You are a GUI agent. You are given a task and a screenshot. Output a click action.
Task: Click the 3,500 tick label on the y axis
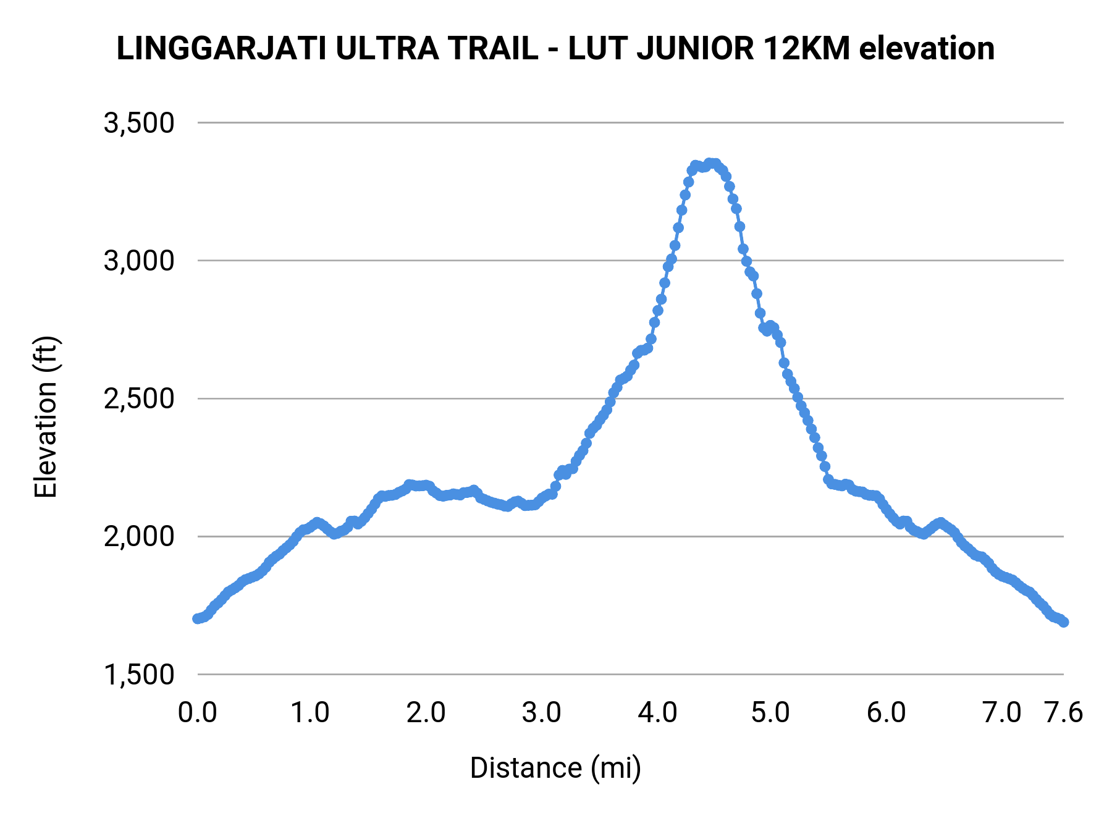pos(139,123)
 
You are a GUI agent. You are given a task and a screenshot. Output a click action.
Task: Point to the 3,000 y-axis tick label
pos(139,261)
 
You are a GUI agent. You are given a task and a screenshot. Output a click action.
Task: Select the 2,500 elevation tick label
pos(139,398)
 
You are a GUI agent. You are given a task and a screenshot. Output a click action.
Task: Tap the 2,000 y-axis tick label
pos(139,536)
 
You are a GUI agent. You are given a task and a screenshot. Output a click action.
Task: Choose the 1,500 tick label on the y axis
pos(139,675)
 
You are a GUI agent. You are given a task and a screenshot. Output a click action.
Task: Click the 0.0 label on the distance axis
pos(197,713)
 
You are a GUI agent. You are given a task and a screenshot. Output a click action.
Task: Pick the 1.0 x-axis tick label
pos(310,713)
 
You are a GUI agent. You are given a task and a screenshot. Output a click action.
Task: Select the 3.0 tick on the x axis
pos(541,713)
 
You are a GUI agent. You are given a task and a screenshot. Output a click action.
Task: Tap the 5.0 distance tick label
pos(770,713)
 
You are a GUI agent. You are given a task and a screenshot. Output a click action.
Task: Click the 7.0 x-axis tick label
pos(1001,713)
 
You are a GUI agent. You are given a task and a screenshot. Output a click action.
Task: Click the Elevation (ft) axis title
pos(46,417)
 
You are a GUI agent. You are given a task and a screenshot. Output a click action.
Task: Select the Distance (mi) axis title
pos(555,768)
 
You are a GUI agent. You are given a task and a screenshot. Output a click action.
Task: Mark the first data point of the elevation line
pos(197,618)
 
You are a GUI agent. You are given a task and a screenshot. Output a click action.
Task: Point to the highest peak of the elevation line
pos(710,162)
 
